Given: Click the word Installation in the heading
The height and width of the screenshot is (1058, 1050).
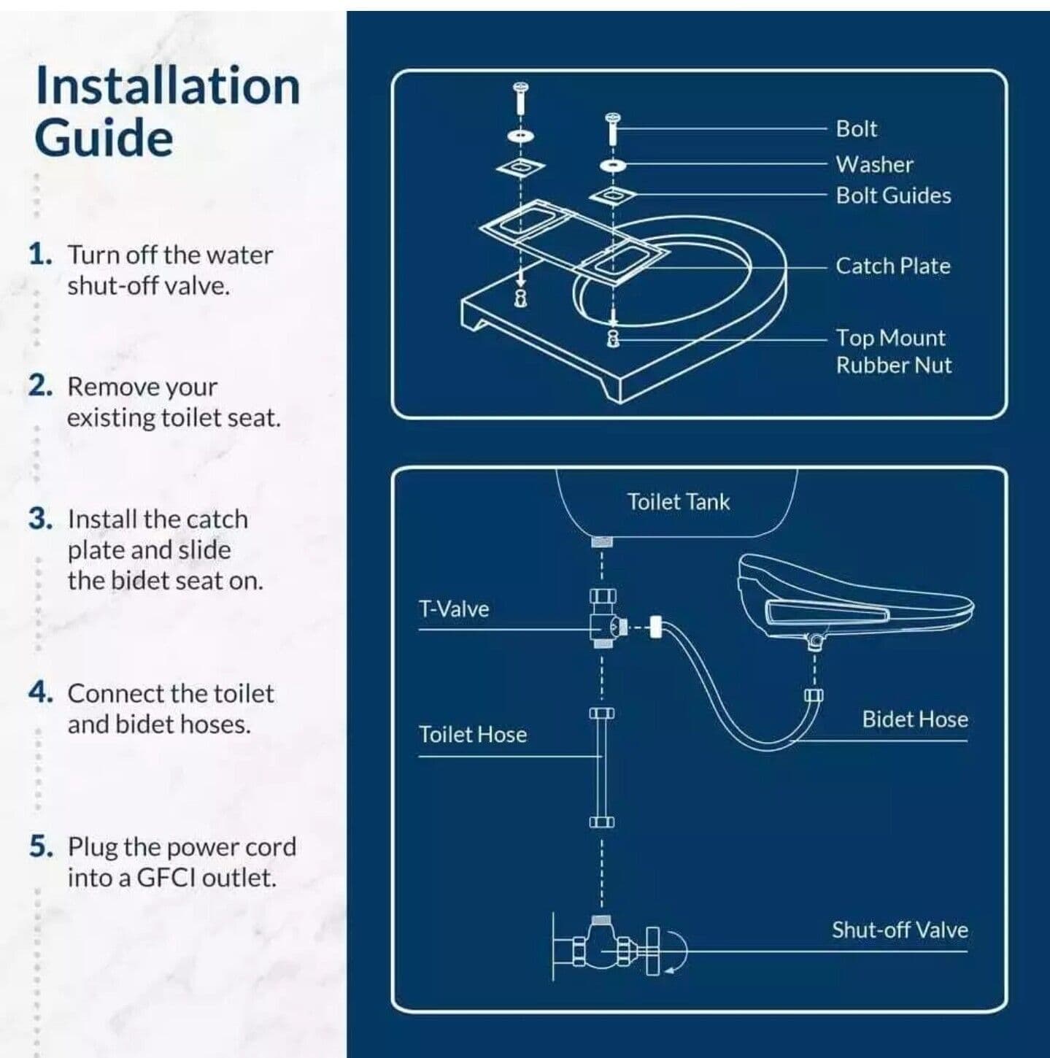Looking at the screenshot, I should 168,86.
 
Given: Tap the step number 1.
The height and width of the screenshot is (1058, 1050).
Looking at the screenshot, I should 40,255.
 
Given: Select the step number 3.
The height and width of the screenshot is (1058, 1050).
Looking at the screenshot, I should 40,519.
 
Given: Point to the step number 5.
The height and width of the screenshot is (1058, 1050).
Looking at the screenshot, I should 41,847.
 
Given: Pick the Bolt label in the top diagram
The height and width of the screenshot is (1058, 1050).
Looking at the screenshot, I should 856,128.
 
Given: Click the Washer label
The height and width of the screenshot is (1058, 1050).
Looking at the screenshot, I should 874,164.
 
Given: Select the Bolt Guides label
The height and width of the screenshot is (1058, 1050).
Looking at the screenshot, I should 893,196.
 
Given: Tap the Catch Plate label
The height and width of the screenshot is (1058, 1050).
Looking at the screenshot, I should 892,266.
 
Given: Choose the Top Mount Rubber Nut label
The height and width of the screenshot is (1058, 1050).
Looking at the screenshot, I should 893,351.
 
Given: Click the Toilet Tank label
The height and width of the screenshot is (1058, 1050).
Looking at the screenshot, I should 678,502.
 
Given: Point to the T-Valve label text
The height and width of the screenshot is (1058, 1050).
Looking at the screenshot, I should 453,609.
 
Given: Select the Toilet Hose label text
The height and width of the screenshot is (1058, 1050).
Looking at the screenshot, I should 472,734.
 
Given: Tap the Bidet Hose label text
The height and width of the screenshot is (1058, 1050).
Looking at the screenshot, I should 914,719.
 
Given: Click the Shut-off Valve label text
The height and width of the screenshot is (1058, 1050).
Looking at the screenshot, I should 899,930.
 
